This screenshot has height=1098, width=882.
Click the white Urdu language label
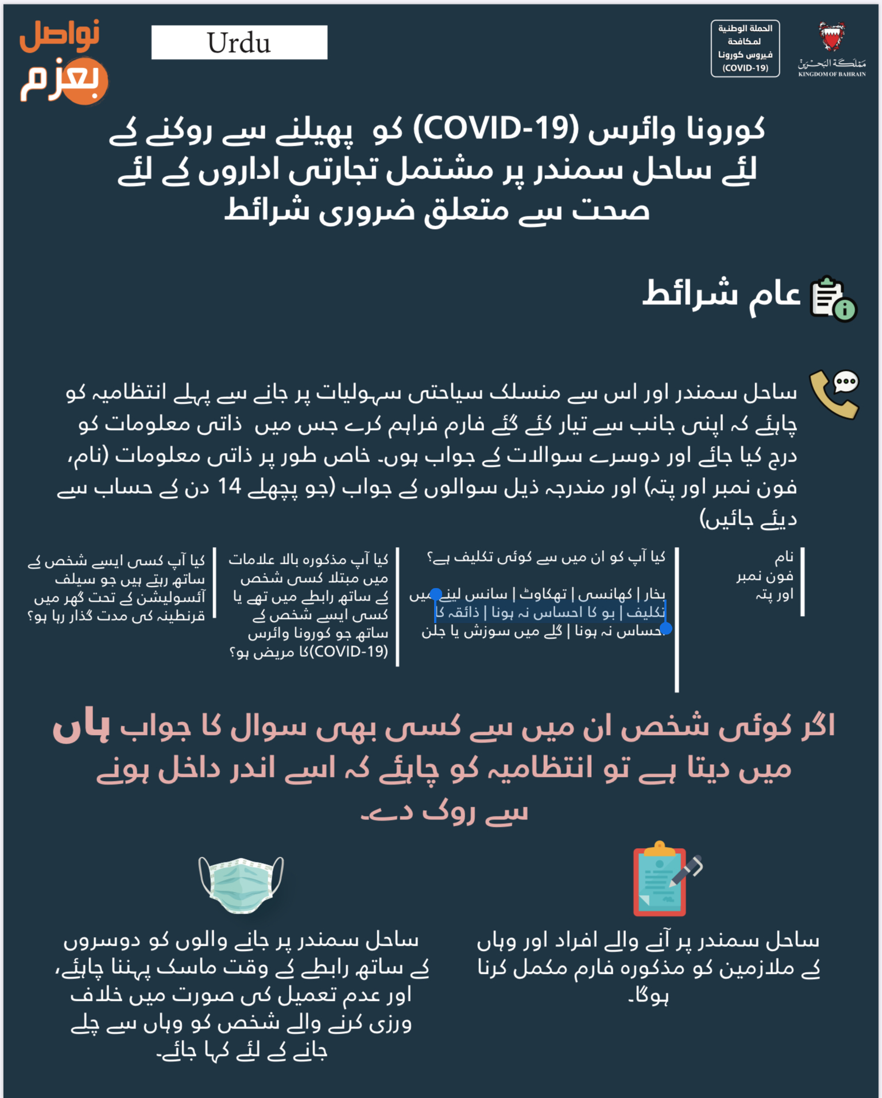[239, 42]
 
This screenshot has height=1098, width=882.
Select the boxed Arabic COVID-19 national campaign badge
[745, 48]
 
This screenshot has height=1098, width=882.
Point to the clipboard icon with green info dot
[832, 298]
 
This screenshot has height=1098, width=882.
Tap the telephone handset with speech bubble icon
[834, 393]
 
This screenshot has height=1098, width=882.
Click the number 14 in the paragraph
[229, 487]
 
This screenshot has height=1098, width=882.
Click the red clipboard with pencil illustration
[666, 879]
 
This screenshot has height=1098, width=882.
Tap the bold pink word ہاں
[82, 728]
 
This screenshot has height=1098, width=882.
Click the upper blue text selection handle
[436, 594]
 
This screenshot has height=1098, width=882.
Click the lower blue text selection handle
[666, 629]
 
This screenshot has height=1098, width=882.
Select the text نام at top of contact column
[784, 557]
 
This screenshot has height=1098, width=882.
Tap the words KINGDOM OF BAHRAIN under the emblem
[832, 74]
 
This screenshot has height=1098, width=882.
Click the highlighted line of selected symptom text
[550, 613]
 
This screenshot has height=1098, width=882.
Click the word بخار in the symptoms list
[654, 594]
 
